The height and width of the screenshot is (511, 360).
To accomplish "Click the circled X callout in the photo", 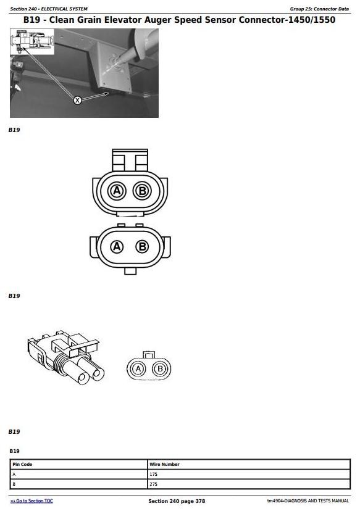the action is (x=77, y=101).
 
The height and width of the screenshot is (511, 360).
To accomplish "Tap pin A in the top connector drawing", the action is (x=117, y=191).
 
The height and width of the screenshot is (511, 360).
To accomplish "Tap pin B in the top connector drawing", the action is (x=142, y=191).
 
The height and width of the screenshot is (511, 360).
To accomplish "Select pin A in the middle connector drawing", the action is (x=117, y=246).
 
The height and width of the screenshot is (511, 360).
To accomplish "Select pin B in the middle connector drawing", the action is (x=142, y=246).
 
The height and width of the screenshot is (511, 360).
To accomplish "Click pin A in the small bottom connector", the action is (x=138, y=369).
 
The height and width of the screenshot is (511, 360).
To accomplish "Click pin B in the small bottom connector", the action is (x=160, y=369).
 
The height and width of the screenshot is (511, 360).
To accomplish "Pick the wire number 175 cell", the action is (x=249, y=474).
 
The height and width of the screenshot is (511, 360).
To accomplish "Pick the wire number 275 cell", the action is (x=249, y=484).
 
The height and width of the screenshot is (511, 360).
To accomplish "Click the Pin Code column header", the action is (x=22, y=464).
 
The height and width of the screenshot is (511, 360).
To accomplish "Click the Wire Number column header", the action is (x=164, y=464).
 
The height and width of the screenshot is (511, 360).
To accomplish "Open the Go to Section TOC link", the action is (x=31, y=501).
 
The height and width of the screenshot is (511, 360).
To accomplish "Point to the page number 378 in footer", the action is (x=200, y=501).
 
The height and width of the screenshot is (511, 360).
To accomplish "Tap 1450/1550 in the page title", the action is (x=312, y=20).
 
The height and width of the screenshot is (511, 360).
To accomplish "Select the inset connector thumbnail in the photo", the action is (x=32, y=41).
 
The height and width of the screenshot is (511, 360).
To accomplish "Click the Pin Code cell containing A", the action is (x=79, y=474).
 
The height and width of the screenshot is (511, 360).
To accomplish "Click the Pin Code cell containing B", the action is (x=79, y=484).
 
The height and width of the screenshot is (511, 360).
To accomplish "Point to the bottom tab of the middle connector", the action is (x=130, y=271).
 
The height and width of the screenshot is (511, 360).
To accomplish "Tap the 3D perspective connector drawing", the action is (x=66, y=356).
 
